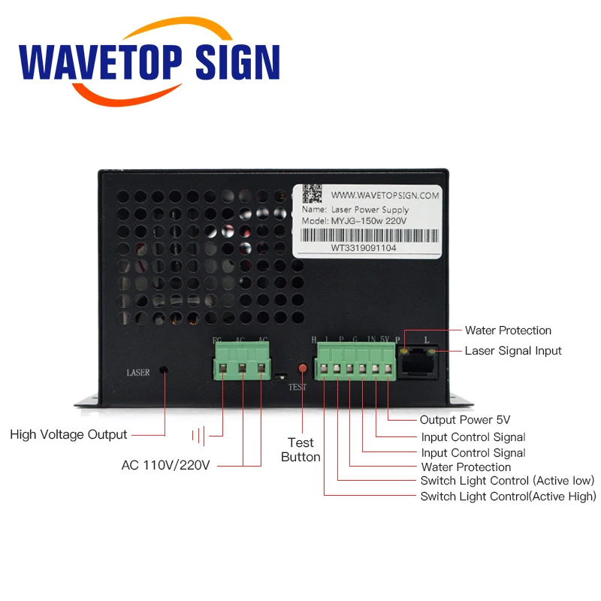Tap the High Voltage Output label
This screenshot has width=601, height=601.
(x=69, y=434)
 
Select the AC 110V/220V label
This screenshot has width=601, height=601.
(x=166, y=464)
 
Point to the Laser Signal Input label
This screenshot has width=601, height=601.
(x=513, y=350)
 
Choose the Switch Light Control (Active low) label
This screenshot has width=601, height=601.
(x=507, y=481)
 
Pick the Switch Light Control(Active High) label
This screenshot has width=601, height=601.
(x=508, y=497)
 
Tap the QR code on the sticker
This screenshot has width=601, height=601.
(x=313, y=195)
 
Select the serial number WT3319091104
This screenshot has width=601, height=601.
(x=364, y=246)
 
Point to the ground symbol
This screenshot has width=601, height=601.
(x=199, y=434)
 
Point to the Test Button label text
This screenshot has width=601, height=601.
(x=300, y=449)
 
